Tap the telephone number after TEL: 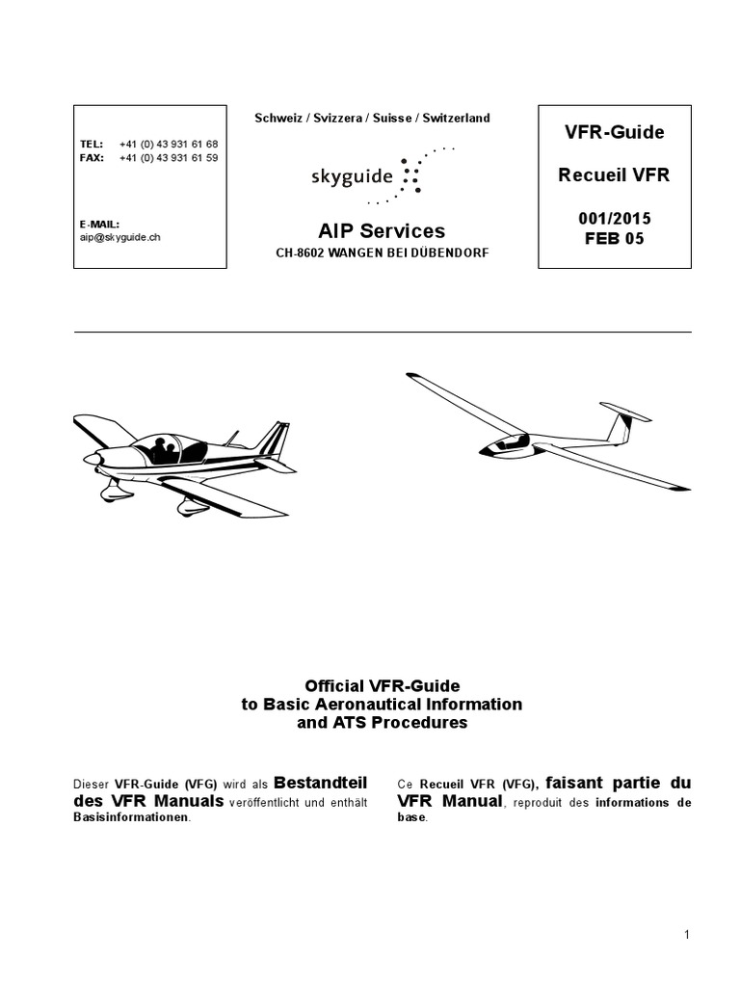169,144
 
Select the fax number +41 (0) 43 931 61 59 169,157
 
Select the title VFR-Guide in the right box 615,131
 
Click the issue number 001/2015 615,219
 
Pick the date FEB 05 615,239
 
